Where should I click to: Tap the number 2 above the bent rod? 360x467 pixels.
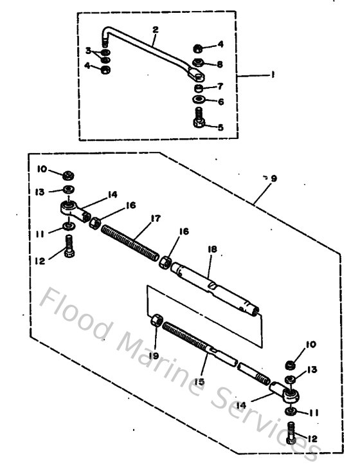point(154,29)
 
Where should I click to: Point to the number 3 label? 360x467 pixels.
point(89,50)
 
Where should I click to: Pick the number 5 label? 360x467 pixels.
point(221,127)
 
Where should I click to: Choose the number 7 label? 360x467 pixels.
point(220,86)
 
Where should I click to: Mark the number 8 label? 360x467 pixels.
point(220,64)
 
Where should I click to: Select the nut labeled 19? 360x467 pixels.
point(156,320)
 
